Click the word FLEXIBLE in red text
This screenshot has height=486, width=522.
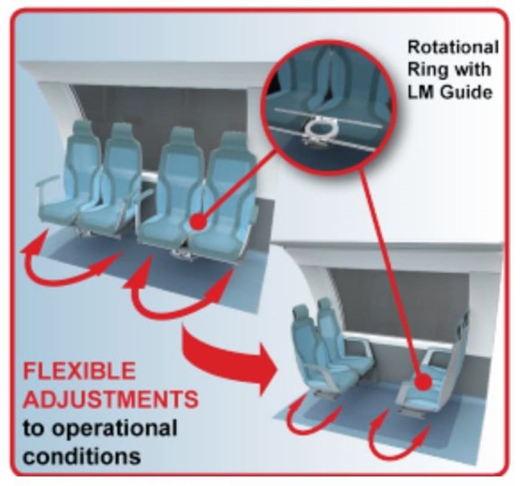coord(79,371)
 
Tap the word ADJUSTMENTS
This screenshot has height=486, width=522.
coord(110,399)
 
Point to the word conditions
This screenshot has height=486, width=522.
coord(82,456)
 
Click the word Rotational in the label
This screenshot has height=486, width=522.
coord(452,47)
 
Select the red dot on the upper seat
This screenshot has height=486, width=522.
coord(199,222)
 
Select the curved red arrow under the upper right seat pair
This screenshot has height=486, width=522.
coord(179,301)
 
